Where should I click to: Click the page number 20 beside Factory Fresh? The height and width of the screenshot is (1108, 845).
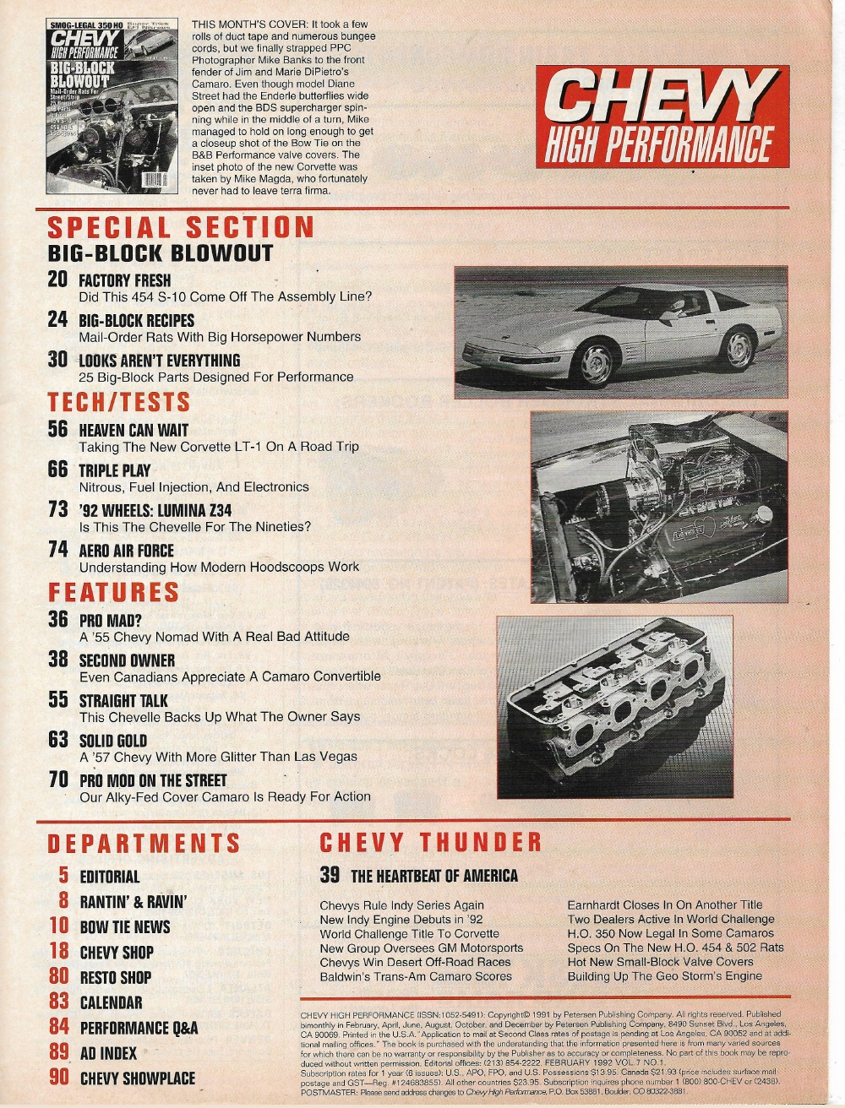pyautogui.click(x=57, y=280)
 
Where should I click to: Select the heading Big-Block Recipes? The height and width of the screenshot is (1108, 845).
pyautogui.click(x=136, y=321)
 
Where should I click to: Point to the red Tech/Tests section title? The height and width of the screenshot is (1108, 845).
pyautogui.click(x=119, y=402)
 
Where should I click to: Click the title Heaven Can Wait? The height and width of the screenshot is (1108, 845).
pyautogui.click(x=134, y=430)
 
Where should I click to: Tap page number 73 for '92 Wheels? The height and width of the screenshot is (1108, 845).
pyautogui.click(x=57, y=509)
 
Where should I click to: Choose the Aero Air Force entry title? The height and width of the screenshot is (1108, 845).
pyautogui.click(x=126, y=551)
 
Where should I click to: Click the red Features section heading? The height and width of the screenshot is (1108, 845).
pyautogui.click(x=114, y=592)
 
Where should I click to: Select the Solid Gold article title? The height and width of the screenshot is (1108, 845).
pyautogui.click(x=114, y=741)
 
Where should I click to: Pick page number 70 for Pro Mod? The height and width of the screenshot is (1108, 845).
pyautogui.click(x=57, y=779)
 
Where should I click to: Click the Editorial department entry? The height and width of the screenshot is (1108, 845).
pyautogui.click(x=110, y=877)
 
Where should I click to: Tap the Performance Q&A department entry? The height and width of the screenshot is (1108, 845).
pyautogui.click(x=139, y=1028)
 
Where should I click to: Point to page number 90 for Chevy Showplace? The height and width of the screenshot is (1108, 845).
pyautogui.click(x=59, y=1078)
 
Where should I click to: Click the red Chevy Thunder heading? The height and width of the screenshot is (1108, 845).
pyautogui.click(x=430, y=842)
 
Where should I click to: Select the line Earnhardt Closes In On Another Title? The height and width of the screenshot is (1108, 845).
pyautogui.click(x=664, y=904)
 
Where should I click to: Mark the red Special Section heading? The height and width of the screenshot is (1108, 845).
pyautogui.click(x=181, y=226)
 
